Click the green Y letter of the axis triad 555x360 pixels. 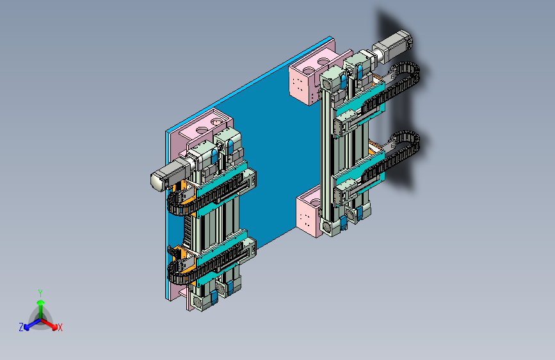pyautogui.click(x=40, y=293)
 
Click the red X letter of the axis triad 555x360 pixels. pyautogui.click(x=60, y=327)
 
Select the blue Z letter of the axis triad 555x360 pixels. pyautogui.click(x=21, y=327)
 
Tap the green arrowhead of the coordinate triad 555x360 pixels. pyautogui.click(x=41, y=302)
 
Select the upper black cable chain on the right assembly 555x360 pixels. pyautogui.click(x=393, y=87)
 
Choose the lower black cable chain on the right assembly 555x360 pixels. pyautogui.click(x=393, y=156)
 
